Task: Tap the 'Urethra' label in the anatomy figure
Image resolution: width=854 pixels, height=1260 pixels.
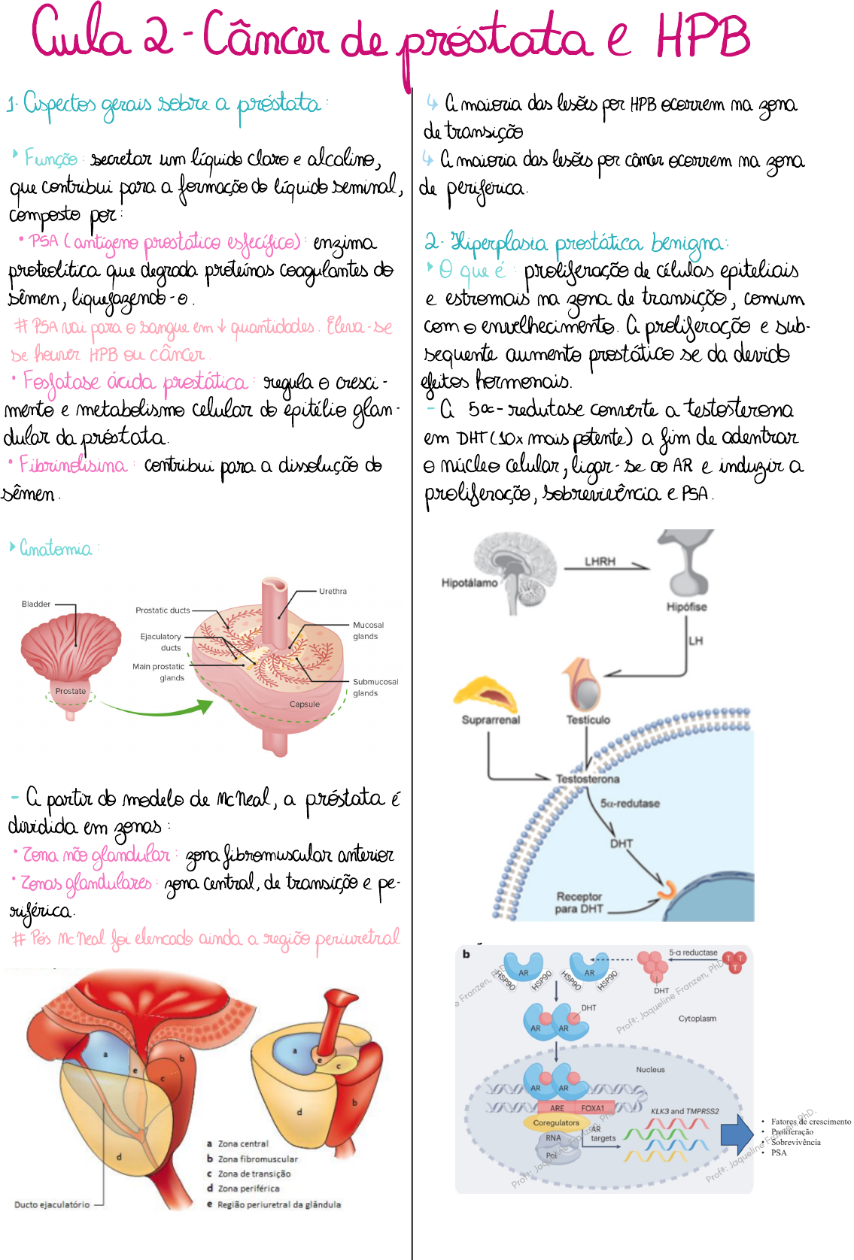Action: (x=333, y=592)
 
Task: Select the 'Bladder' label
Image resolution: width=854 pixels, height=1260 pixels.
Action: (x=36, y=604)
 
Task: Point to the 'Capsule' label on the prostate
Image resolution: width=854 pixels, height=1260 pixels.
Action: (x=305, y=704)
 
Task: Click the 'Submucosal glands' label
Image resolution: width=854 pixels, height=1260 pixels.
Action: (x=375, y=687)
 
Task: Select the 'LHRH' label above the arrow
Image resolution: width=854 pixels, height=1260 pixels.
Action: (x=600, y=562)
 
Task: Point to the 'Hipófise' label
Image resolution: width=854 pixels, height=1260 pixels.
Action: (x=686, y=607)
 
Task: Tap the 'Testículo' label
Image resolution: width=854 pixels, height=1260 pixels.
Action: (x=588, y=719)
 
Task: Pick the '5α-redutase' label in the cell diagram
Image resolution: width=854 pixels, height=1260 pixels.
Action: (x=630, y=803)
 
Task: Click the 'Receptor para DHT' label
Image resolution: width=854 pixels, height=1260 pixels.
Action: (x=579, y=902)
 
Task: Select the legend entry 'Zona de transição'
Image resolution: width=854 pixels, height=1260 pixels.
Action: (x=254, y=1174)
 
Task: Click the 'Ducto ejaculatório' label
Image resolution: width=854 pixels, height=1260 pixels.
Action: (x=52, y=1204)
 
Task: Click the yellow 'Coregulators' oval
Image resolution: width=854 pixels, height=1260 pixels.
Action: (x=556, y=1122)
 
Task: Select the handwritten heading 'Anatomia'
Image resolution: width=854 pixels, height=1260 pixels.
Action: (x=56, y=548)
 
